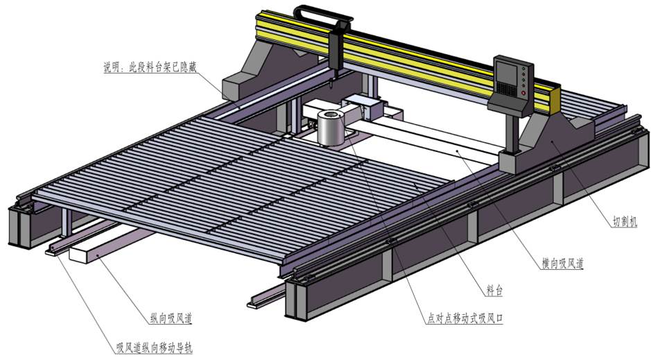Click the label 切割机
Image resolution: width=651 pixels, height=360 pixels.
coord(625,222)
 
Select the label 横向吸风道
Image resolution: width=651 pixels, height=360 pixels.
coord(562,264)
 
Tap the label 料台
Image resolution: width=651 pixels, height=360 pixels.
coord(494,291)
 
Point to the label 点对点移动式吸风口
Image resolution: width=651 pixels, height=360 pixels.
coord(465,319)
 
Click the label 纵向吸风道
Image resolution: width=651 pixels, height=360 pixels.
coord(171,318)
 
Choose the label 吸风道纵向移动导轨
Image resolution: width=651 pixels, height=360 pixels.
coord(154,347)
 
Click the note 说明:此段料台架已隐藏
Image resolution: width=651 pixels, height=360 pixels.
coord(150,67)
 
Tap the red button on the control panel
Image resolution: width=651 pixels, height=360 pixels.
coord(524,93)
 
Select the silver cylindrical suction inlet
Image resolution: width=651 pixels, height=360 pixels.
coord(331,128)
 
